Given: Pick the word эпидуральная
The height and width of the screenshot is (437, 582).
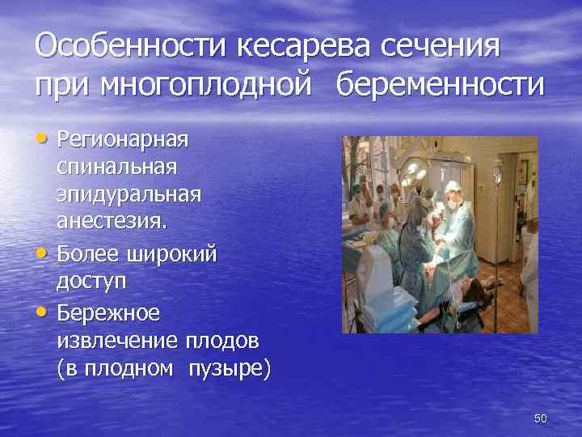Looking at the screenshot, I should (x=129, y=197).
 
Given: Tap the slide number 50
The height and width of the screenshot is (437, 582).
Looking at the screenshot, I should (x=541, y=418).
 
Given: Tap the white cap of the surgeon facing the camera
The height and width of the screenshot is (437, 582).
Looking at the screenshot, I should (x=451, y=187).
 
